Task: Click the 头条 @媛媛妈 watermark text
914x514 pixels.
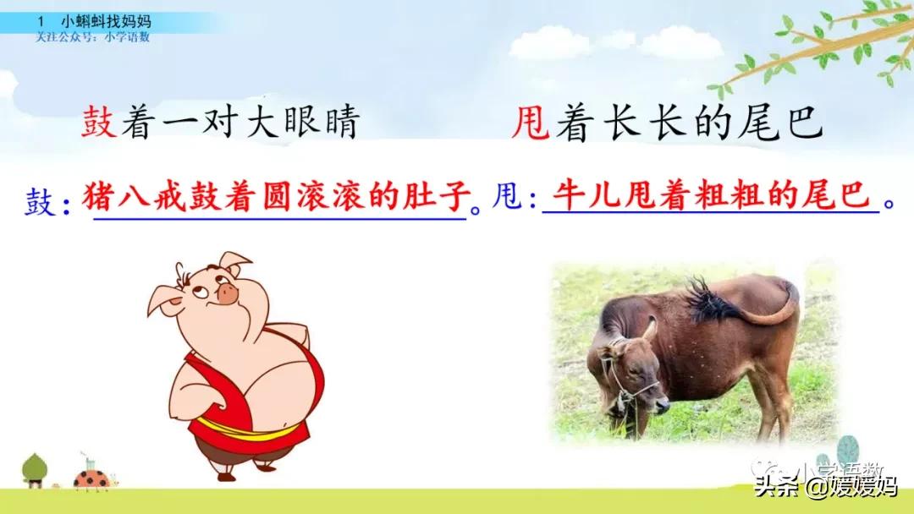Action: [x=826, y=486]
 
